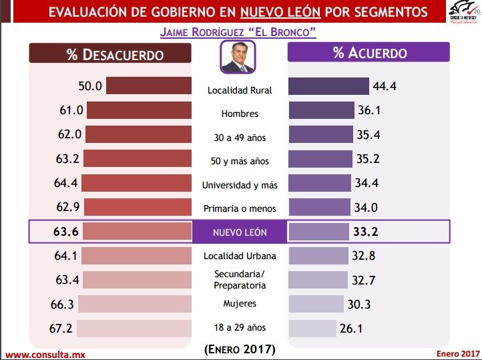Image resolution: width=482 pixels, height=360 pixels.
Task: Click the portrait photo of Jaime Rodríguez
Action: coord(238,58)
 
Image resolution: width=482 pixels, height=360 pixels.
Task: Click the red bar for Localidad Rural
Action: coord(148,86)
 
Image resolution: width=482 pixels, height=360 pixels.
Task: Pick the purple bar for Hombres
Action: coord(320,110)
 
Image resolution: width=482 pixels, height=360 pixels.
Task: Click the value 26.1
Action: coord(355,329)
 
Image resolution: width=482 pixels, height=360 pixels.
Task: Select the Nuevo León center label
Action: coord(239,232)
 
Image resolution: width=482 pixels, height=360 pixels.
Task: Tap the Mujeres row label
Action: coord(239,304)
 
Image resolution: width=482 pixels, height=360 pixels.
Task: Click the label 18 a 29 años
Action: coord(239,327)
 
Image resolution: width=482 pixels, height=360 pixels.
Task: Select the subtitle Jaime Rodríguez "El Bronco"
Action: coord(238,32)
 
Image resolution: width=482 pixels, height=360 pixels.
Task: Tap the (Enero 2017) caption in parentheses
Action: coord(239,349)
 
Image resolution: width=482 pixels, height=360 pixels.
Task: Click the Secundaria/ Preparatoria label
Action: coord(239,280)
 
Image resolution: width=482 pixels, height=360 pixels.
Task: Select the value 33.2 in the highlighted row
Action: coord(365,232)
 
